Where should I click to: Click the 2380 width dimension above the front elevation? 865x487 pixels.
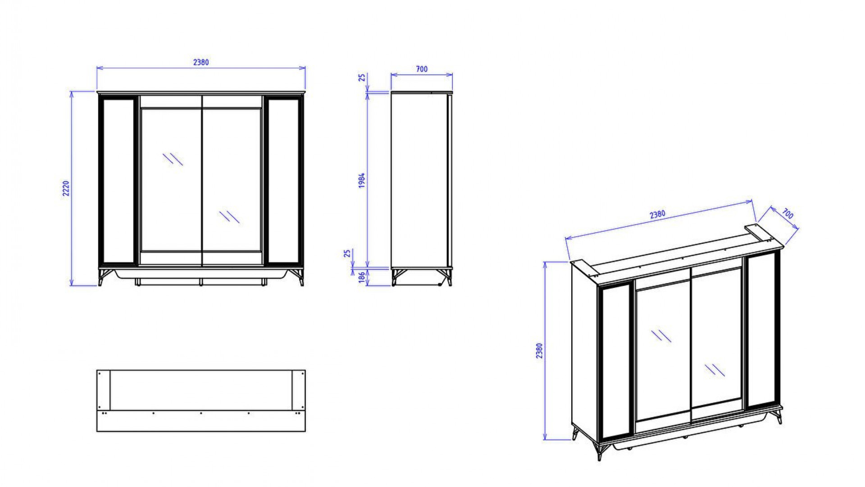coord(201,62)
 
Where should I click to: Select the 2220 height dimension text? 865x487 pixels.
coord(66,188)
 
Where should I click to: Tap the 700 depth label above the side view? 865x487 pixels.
coord(421,69)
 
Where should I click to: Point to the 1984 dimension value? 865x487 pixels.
coord(361,180)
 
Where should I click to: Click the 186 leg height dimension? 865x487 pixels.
coord(361,277)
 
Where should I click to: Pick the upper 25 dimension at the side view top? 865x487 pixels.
coord(362,78)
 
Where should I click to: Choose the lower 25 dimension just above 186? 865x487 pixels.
coord(347,253)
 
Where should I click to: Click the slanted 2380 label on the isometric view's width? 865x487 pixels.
coord(657,214)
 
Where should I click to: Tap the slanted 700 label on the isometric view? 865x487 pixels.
coord(788,214)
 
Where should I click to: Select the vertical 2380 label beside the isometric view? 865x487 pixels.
coord(539,350)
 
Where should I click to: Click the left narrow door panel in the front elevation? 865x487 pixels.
coord(119,180)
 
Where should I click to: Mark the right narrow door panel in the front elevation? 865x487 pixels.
coord(283,180)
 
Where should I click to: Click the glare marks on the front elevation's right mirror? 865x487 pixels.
coord(229,216)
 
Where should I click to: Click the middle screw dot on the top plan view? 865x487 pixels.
coord(201,413)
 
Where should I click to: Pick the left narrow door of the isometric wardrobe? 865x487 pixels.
coord(615,361)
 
